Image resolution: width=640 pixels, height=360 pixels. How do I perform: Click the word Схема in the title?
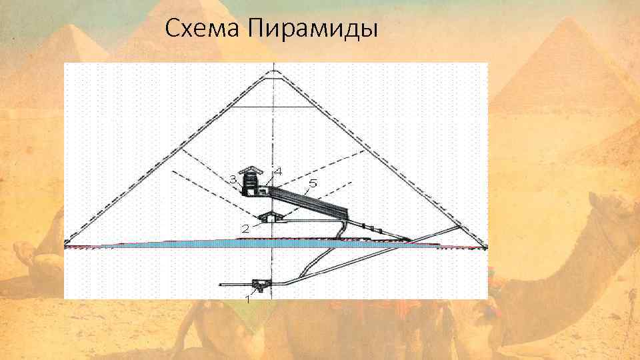tap(203, 29)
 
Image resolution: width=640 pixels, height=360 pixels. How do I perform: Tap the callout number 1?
tap(247, 300)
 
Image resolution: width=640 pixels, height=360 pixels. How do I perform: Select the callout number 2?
tap(245, 229)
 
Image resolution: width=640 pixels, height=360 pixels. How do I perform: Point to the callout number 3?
tap(233, 179)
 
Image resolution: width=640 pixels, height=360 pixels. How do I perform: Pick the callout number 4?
tap(278, 171)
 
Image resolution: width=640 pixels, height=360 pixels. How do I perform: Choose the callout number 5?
tap(313, 183)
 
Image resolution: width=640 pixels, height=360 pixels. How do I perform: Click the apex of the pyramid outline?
tap(273, 70)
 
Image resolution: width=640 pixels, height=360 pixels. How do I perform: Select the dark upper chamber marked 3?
tap(251, 183)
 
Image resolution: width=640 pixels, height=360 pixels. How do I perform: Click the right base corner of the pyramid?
tap(485, 247)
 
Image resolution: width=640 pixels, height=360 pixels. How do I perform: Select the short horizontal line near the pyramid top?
tap(273, 107)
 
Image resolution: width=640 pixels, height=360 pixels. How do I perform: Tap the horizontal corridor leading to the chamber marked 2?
tap(313, 218)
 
